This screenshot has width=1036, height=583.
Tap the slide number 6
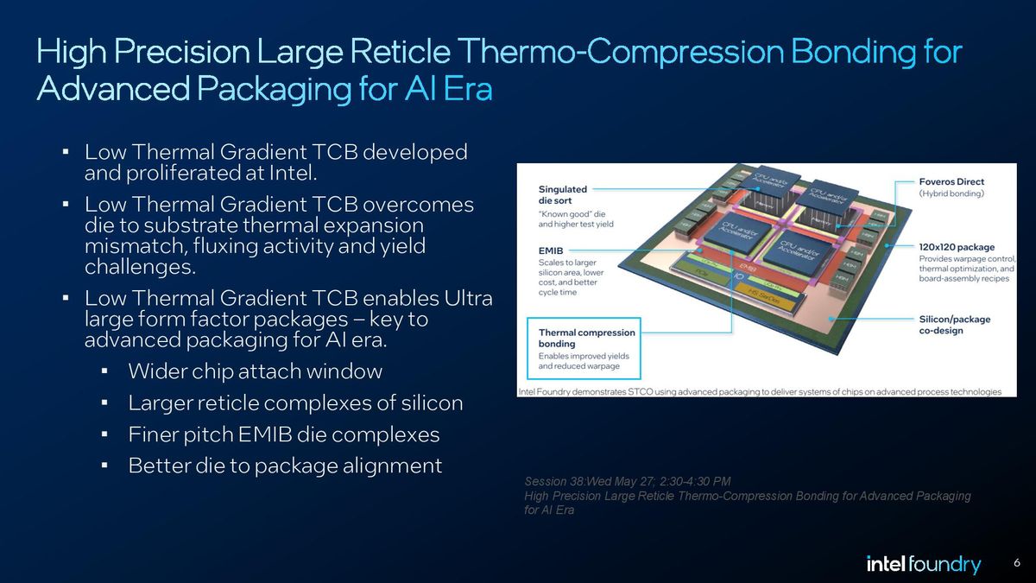(x=1016, y=564)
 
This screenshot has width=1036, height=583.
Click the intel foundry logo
(x=923, y=565)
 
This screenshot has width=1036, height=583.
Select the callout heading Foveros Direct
(x=951, y=182)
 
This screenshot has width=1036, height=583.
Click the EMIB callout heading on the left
(x=552, y=250)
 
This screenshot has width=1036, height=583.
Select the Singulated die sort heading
(x=563, y=194)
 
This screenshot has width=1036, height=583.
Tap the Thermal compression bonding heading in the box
(x=586, y=338)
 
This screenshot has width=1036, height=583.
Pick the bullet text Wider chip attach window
(x=255, y=372)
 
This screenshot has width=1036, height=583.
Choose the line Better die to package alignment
(x=285, y=466)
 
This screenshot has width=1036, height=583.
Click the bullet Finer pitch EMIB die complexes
(x=283, y=434)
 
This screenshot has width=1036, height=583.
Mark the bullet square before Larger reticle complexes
(x=104, y=403)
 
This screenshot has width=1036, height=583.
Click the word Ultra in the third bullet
(x=467, y=299)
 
